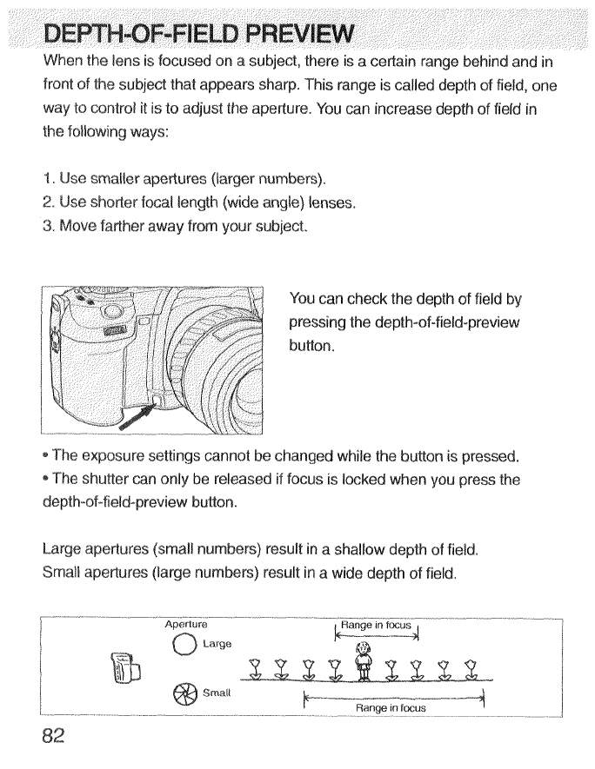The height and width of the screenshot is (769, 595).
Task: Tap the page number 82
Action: click(54, 737)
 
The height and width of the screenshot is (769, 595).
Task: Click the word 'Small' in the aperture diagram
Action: click(217, 694)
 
